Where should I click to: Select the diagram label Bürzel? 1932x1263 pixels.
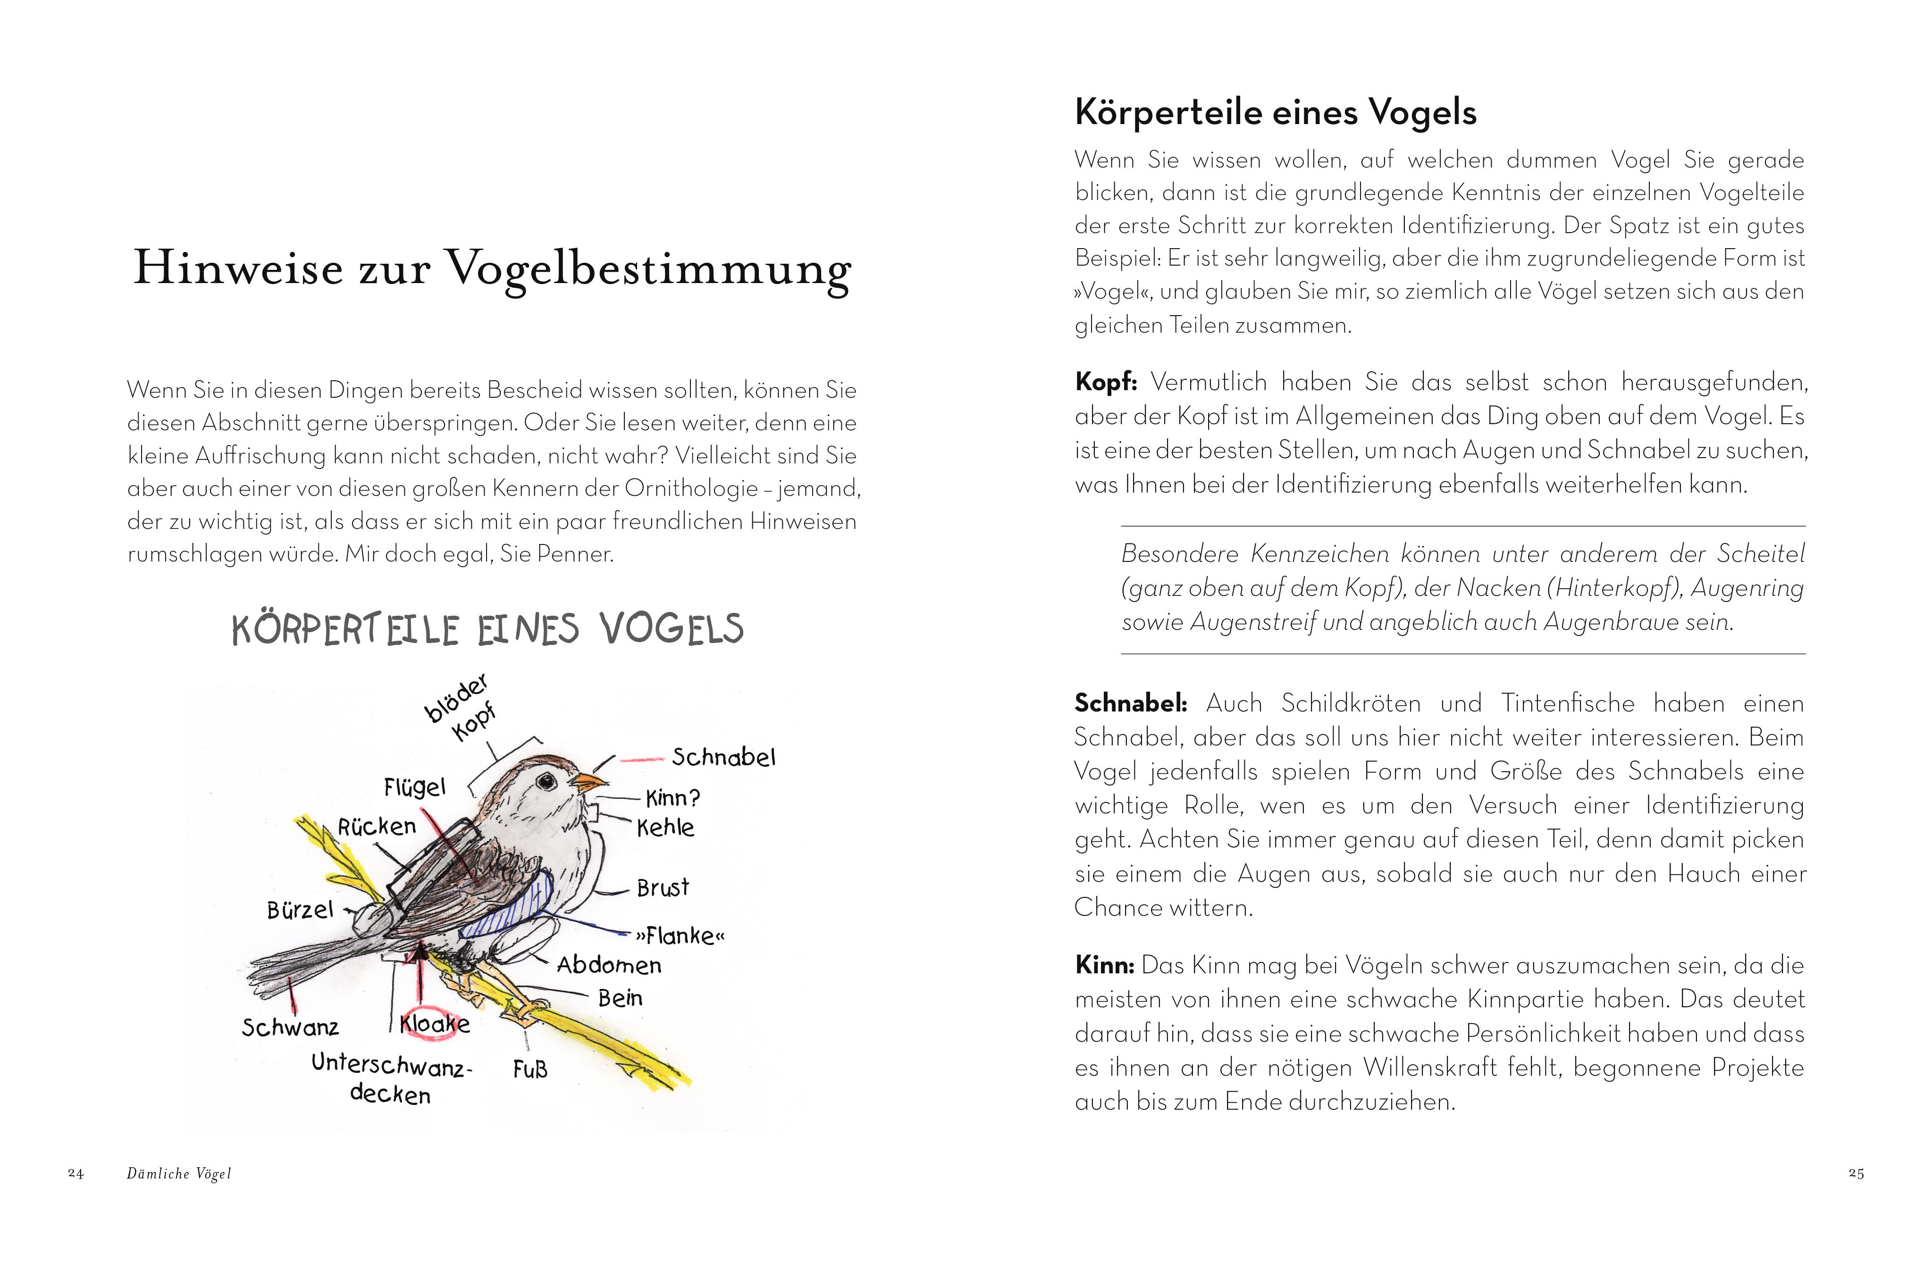(x=300, y=910)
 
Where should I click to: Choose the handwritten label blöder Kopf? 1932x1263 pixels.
(x=461, y=707)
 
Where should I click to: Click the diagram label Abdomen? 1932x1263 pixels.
(x=609, y=965)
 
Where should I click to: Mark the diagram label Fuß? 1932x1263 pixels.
(x=530, y=1069)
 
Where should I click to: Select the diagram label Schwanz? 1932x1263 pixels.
(x=290, y=1028)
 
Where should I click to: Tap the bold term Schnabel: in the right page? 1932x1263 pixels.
(x=1130, y=703)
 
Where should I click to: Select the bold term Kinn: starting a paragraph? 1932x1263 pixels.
(x=1104, y=965)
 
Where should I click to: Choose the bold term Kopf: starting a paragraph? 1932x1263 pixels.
(x=1106, y=382)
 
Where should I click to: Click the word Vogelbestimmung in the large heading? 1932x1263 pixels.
(x=649, y=268)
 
